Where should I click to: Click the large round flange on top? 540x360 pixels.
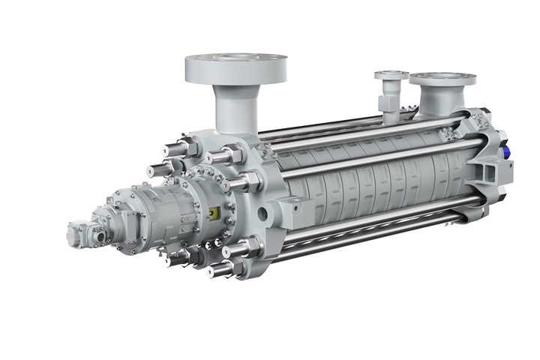(235, 70)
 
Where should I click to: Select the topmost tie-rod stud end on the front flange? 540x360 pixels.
(214, 157)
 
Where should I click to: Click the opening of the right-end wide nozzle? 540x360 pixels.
(442, 77)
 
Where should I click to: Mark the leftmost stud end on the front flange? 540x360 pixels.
(157, 170)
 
